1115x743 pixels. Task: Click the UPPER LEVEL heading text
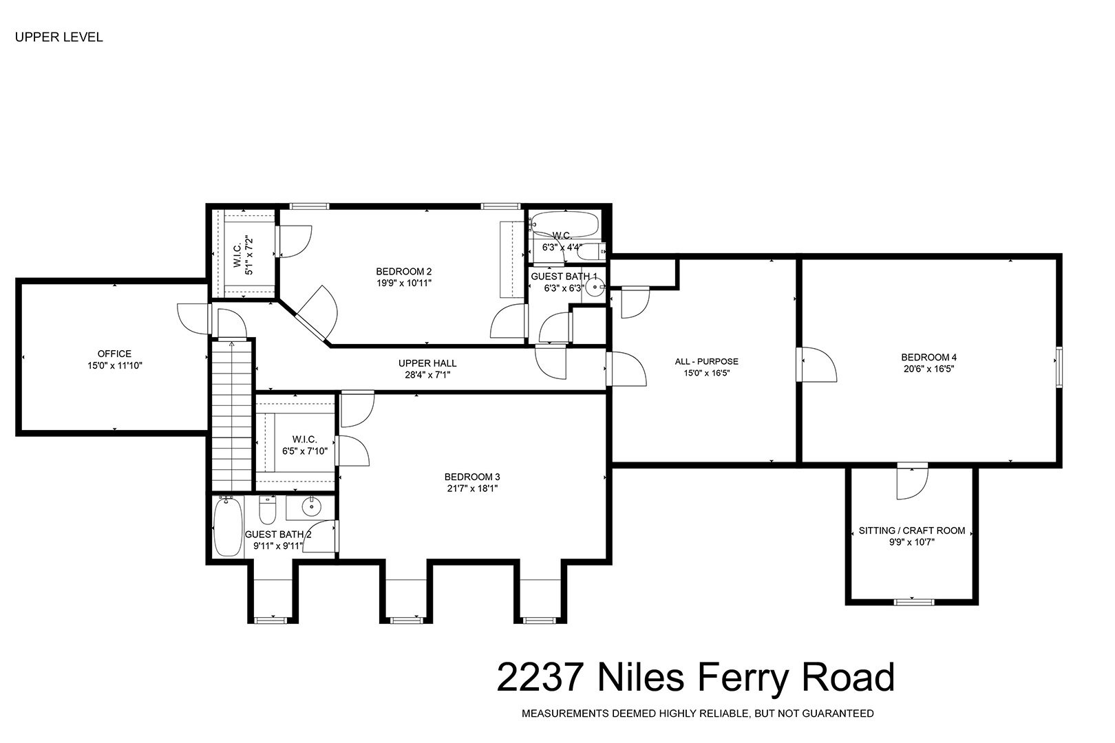[x=59, y=37]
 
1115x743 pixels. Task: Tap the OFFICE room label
[x=114, y=354]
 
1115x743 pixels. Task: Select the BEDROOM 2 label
[x=404, y=272]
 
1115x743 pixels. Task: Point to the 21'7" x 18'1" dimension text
[x=472, y=488]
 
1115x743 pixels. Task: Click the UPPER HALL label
[x=427, y=364]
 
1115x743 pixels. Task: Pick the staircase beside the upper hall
[x=231, y=416]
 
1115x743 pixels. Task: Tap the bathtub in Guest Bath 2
[x=228, y=527]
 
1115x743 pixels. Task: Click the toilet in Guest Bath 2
[x=267, y=510]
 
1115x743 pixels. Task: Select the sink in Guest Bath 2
[x=312, y=508]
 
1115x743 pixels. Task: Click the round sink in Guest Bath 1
[x=595, y=287]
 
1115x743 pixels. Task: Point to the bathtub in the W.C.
[x=564, y=224]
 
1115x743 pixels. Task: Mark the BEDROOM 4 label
[x=929, y=357]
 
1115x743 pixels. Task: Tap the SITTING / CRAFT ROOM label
[x=912, y=531]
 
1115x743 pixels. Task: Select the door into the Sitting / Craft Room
[x=913, y=482]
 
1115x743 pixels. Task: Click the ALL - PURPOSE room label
[x=706, y=362]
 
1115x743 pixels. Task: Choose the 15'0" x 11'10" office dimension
[x=115, y=366]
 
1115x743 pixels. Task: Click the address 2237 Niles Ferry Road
[x=696, y=678]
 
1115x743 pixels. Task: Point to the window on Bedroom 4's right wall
[x=1059, y=367]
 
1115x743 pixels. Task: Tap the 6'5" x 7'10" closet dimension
[x=305, y=451]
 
